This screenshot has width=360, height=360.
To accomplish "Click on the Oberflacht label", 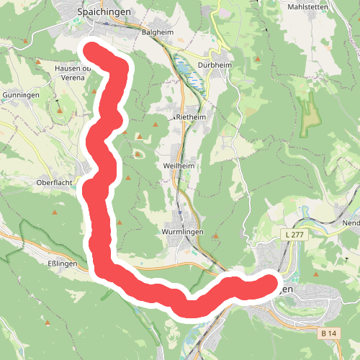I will point(54,183).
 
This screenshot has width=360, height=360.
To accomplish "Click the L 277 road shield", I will point(293,235).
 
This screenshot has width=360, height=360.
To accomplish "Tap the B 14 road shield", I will point(329,333).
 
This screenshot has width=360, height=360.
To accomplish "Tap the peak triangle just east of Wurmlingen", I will point(215,235).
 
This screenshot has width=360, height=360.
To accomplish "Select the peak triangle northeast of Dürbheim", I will point(258,59).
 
